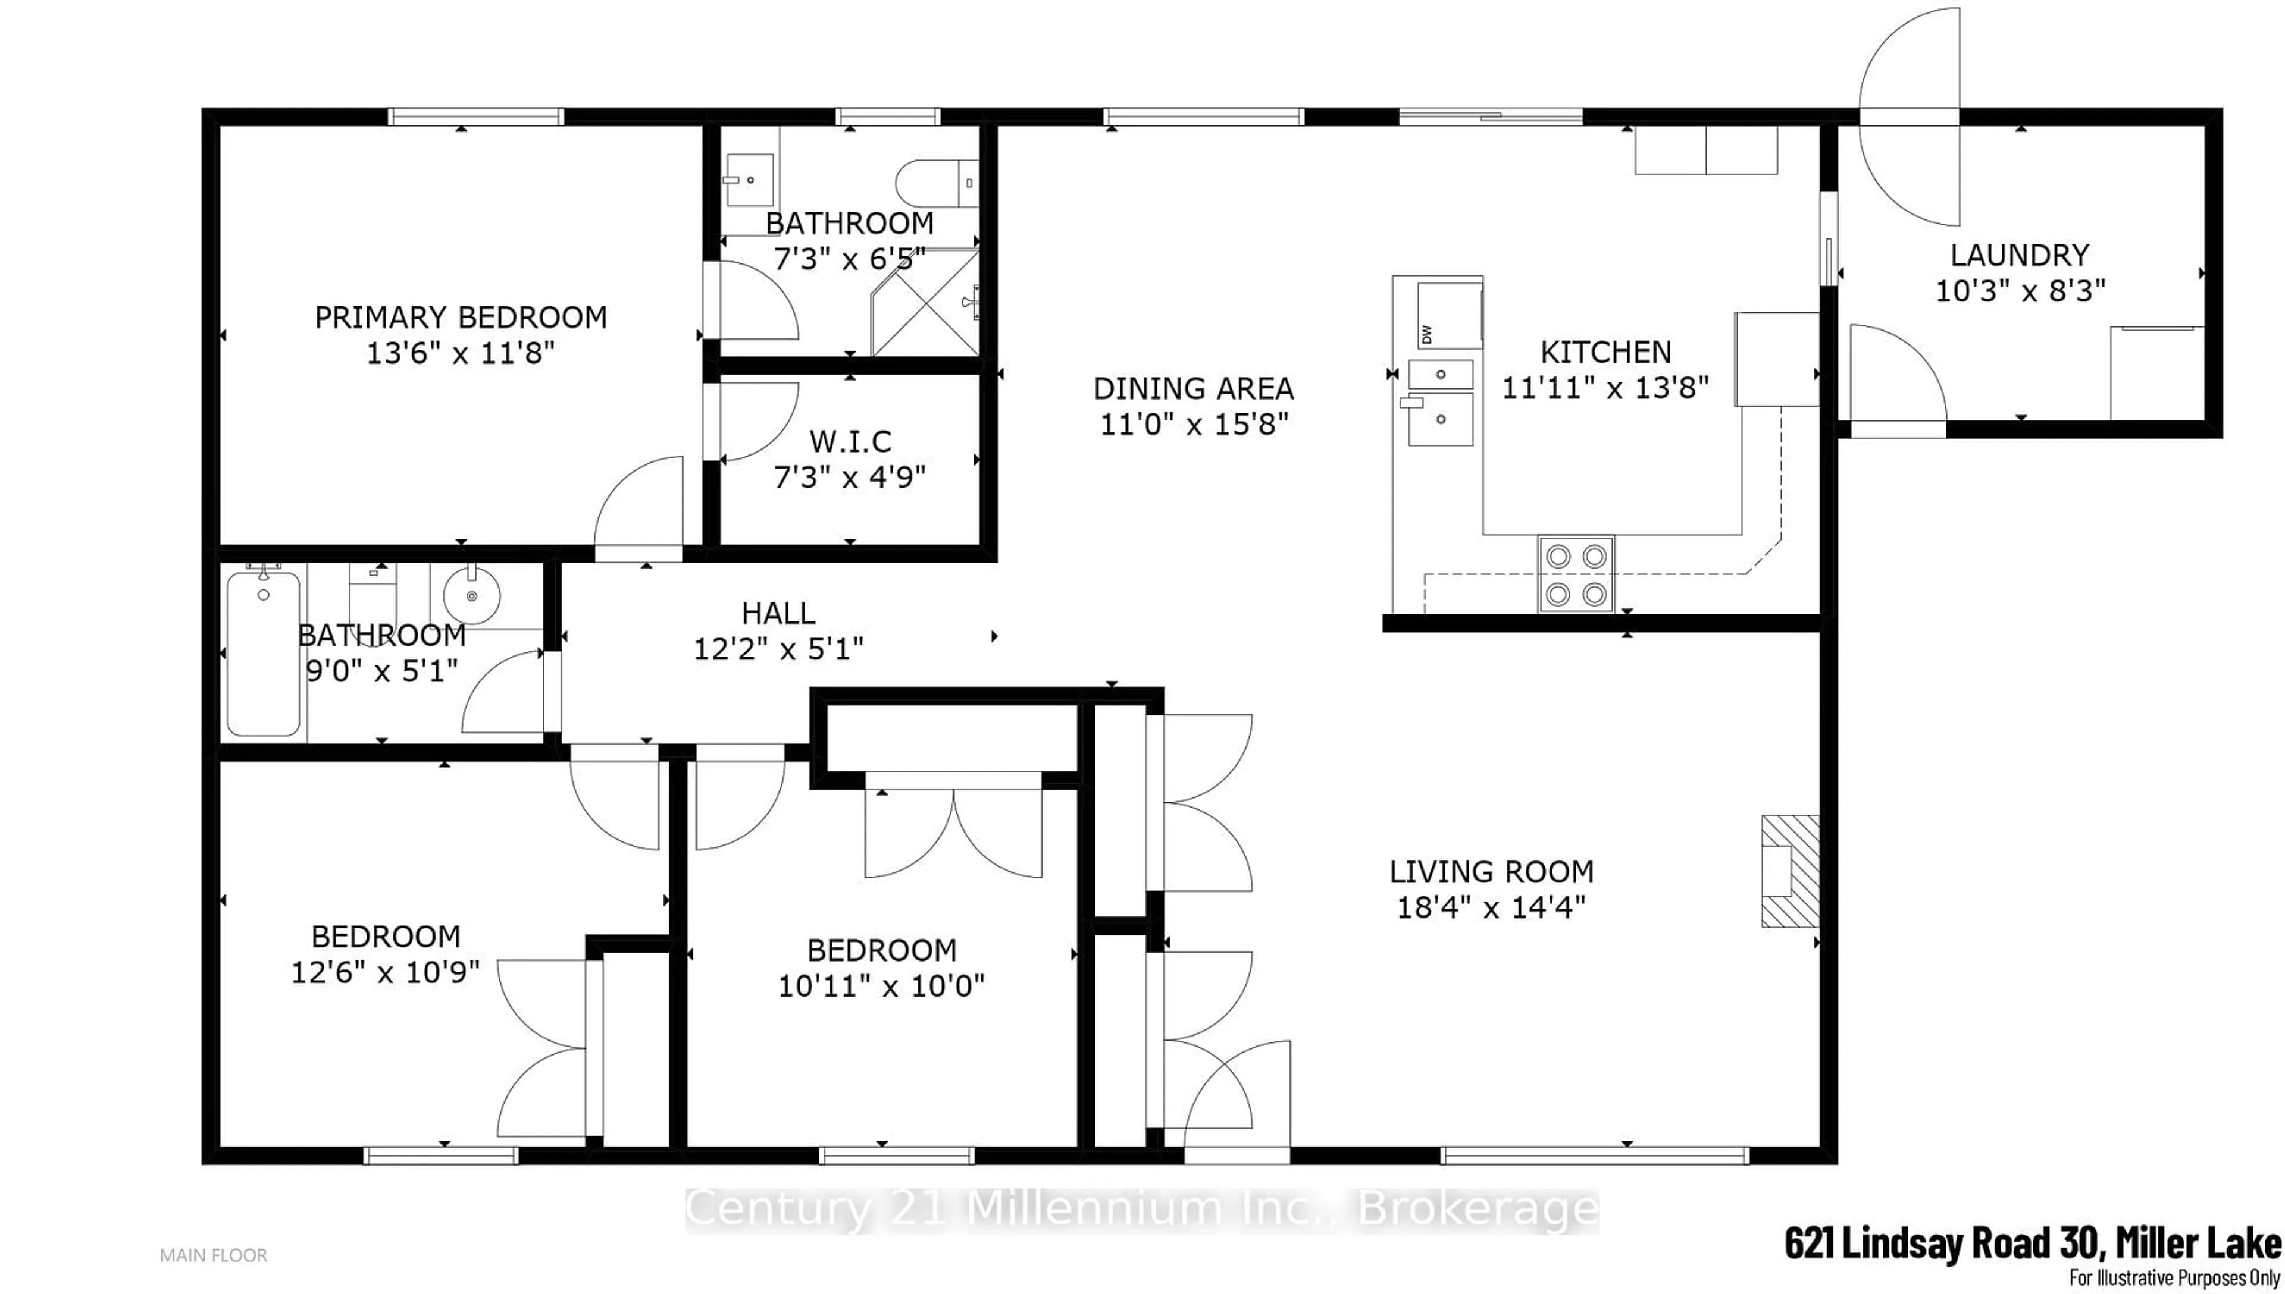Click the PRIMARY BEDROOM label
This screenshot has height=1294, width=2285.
(461, 318)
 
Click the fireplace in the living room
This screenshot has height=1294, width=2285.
(1790, 871)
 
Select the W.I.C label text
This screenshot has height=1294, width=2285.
(850, 442)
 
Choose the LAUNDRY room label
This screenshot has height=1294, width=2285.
(2019, 256)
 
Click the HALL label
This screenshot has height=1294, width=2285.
(778, 613)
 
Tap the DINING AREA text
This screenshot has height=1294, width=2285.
(1193, 388)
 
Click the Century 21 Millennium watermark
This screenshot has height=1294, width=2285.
(1142, 1210)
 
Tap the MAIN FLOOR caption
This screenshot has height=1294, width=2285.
(214, 1255)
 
